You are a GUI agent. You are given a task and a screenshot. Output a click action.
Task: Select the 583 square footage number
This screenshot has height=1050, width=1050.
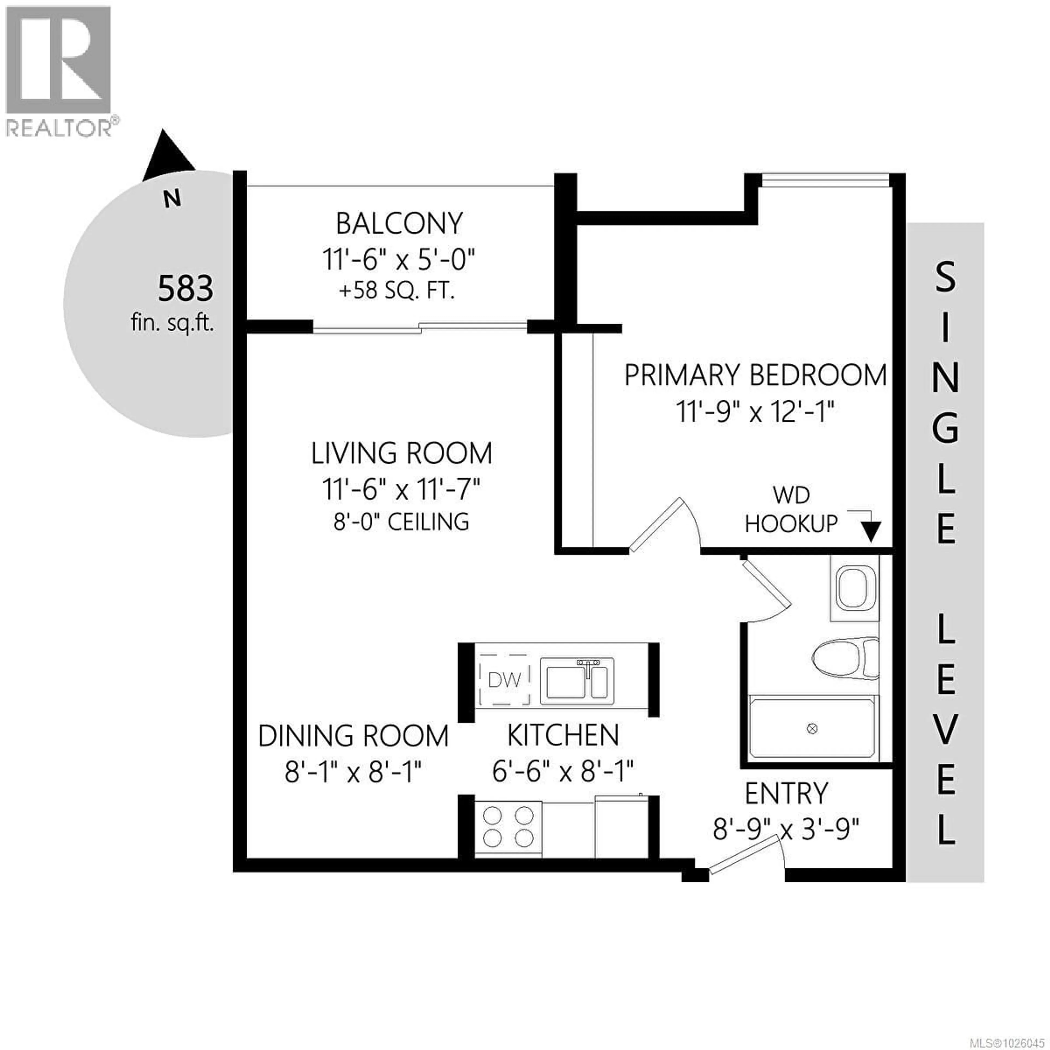tap(185, 288)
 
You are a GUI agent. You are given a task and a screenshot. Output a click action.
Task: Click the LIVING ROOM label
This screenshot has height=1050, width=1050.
tap(401, 453)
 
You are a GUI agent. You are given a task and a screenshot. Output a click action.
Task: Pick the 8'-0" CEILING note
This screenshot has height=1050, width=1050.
tap(401, 522)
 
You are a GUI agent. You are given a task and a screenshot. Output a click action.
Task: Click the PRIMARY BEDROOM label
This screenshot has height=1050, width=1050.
tap(755, 375)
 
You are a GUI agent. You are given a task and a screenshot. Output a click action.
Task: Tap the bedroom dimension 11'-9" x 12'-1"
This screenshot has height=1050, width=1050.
tap(755, 412)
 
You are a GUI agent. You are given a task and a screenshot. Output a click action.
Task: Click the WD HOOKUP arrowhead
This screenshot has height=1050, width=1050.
tap(871, 532)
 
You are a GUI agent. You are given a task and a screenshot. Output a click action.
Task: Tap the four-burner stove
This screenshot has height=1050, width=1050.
tap(508, 827)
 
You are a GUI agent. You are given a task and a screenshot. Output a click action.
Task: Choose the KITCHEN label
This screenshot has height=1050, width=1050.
tap(563, 736)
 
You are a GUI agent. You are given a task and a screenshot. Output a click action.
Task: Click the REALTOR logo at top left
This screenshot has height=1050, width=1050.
tap(59, 71)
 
